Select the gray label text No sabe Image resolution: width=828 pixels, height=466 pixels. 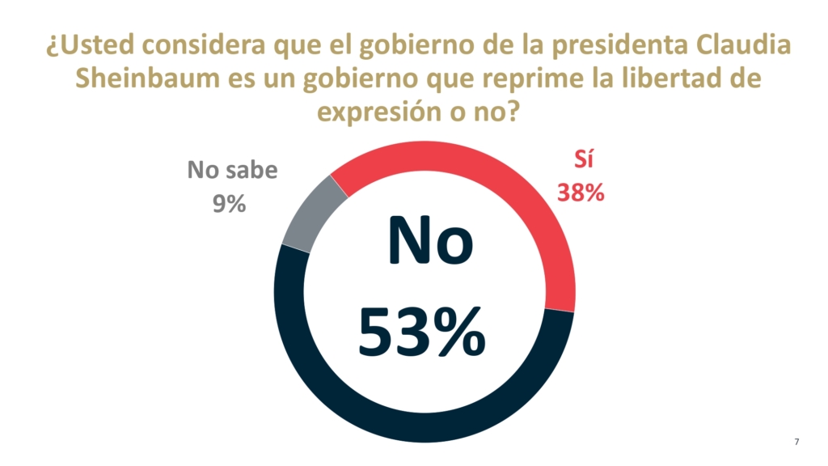pos(232,171)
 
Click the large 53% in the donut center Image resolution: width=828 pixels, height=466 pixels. pos(422,333)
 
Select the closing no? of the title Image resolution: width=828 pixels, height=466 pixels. pos(492,112)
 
